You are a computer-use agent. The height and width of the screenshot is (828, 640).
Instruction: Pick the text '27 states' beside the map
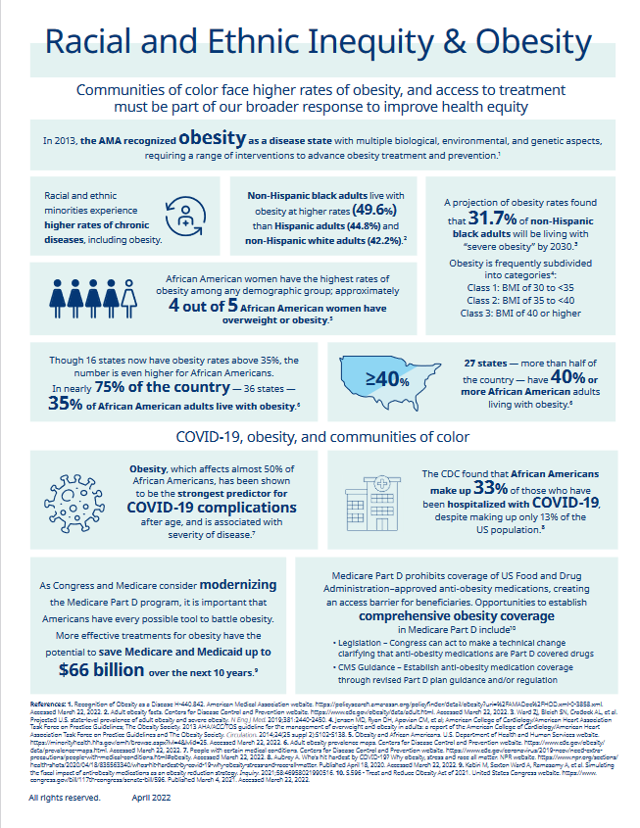490,363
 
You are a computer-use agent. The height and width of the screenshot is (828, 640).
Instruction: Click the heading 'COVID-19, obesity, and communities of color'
320,435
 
